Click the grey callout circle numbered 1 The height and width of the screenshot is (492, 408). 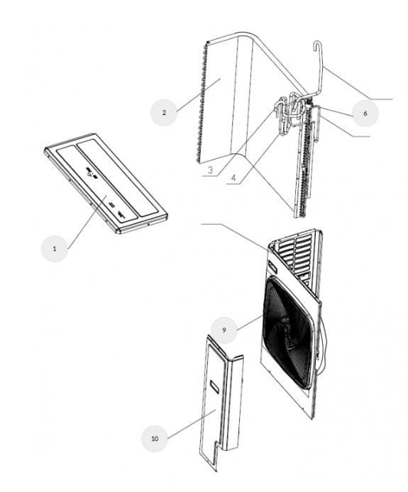tap(55, 249)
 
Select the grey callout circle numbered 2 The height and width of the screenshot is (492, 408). tap(164, 113)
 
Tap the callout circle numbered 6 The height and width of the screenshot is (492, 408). tap(365, 113)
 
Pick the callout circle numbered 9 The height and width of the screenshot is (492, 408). tap(224, 330)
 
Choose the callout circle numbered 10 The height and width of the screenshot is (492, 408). tap(155, 438)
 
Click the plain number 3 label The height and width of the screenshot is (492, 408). tap(210, 169)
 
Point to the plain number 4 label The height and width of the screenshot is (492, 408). tap(233, 178)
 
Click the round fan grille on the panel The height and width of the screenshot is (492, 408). tap(289, 332)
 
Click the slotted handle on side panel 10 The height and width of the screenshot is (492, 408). tap(214, 386)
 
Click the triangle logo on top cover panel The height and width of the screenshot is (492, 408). tap(90, 172)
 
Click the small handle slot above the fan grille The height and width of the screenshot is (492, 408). tap(272, 267)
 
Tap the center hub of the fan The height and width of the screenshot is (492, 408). tap(288, 332)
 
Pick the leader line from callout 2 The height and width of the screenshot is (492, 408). tap(198, 95)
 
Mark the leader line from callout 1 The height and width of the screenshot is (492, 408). tap(87, 221)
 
